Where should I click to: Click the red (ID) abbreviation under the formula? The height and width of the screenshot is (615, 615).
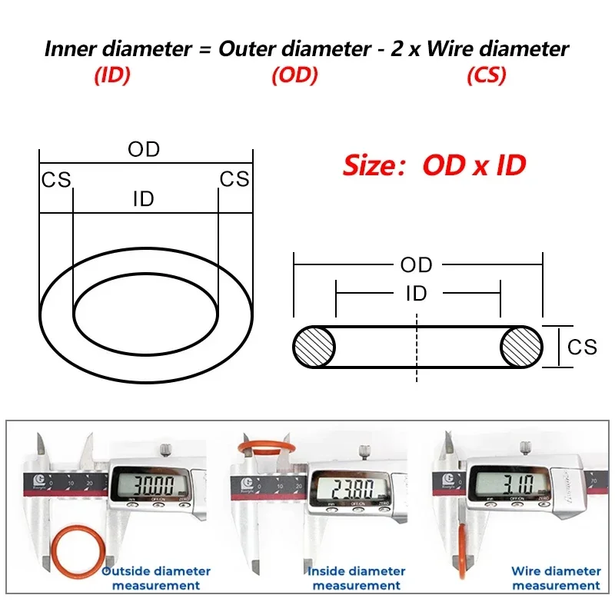111,75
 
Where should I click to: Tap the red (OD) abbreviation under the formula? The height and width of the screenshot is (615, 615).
294,75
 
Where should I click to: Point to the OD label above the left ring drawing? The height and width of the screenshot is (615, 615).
144,149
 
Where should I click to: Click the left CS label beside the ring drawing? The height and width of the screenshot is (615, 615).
55,180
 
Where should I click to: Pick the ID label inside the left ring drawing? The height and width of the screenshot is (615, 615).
144,200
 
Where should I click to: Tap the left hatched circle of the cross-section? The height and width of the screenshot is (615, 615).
314,347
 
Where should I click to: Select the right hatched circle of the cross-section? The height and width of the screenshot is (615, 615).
521,347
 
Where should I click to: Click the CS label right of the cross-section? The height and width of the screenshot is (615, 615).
582,347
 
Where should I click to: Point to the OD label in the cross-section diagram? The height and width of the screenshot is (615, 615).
416,265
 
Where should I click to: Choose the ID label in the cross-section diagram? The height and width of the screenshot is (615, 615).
416,293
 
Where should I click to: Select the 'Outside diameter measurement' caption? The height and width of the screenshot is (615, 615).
156,578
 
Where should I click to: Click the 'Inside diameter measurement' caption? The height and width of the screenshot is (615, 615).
356,578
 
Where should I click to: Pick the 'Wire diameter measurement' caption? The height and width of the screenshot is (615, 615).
556,578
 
